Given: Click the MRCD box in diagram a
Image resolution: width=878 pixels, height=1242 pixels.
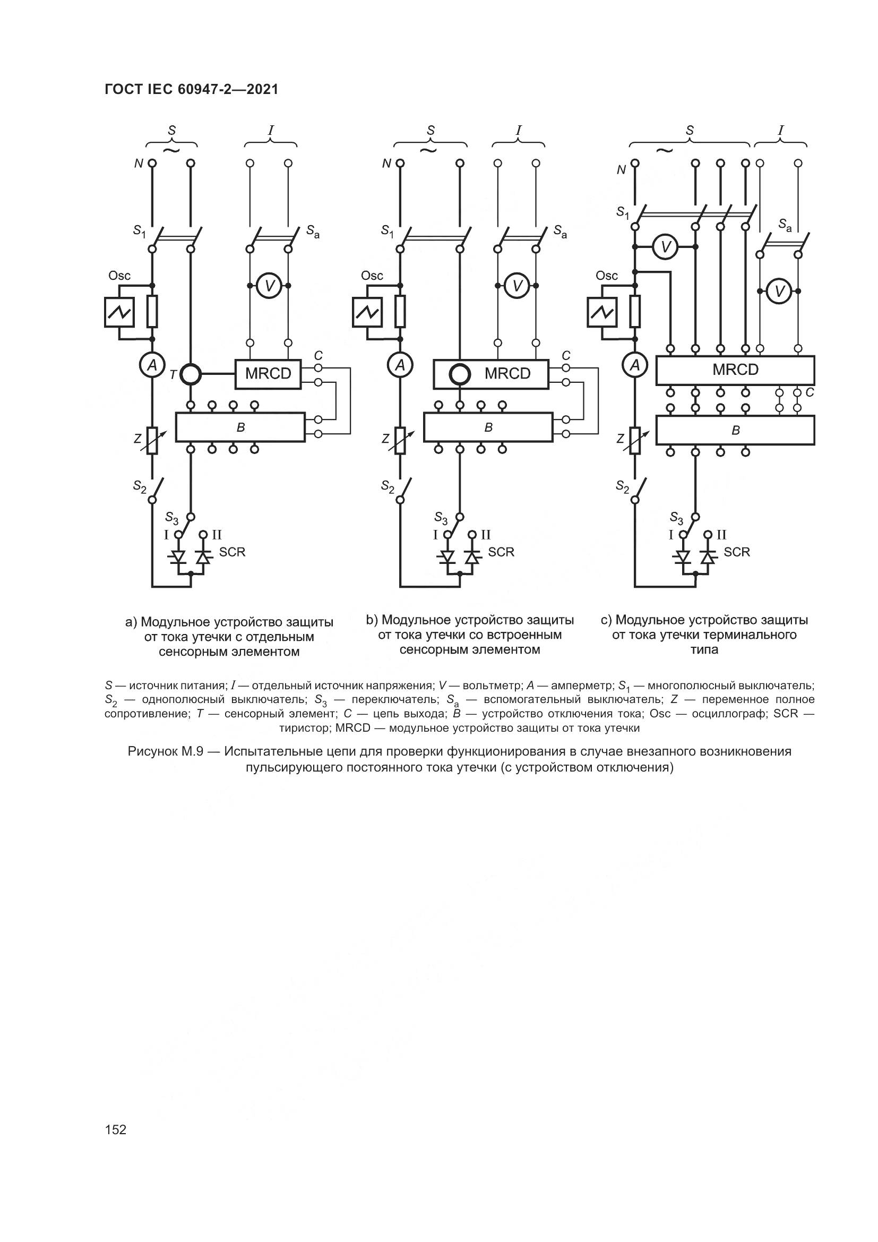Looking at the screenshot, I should pos(268,374).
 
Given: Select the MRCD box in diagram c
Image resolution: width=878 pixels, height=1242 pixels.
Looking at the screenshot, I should pos(735,370).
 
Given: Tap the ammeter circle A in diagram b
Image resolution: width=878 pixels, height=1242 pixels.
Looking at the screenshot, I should pos(400,366).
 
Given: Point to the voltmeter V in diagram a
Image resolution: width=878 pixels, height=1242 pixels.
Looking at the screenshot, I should pos(269,286).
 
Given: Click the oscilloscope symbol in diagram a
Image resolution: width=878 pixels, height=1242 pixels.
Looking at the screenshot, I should pos(119,312).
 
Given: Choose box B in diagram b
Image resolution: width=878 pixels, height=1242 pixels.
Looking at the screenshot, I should pos(488,427).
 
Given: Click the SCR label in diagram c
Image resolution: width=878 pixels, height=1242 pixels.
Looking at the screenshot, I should pos(736,552).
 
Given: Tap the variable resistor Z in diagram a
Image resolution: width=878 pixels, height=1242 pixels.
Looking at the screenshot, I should pos(152,439).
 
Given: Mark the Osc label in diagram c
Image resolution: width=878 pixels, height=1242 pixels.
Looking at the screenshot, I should pos(607,276).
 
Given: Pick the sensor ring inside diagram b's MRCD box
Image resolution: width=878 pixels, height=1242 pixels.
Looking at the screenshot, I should pos(460,374).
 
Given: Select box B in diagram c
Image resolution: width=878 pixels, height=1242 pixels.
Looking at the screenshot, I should pos(735,431).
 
